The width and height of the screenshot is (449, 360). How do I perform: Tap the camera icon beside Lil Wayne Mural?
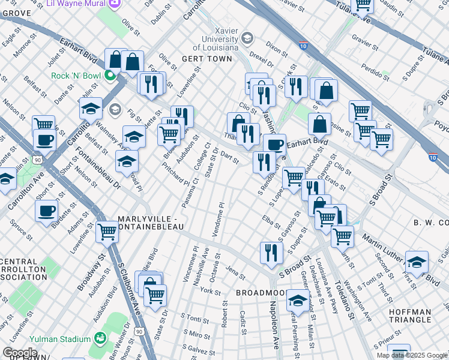[114, 3]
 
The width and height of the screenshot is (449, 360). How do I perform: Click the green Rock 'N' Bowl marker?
[110, 76]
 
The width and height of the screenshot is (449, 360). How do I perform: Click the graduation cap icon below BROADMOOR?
[297, 301]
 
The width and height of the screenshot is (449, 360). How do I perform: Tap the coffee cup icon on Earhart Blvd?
[274, 145]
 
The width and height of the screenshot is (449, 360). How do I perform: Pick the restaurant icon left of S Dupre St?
[271, 253]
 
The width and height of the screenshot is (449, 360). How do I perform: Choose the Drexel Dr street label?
[262, 62]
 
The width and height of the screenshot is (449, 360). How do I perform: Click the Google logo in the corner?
[19, 353]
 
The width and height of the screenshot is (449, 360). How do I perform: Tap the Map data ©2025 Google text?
[411, 355]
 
